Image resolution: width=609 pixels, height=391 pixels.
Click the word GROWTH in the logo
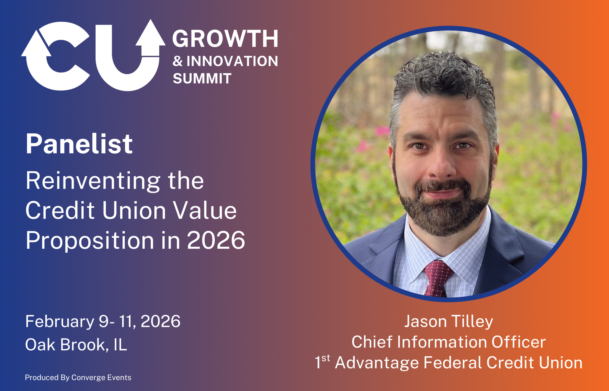coord(225,39)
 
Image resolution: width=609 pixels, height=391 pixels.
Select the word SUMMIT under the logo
coord(202,78)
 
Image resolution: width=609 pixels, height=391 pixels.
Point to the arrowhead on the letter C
coord(36,44)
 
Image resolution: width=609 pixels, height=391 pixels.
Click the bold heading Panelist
coord(79,144)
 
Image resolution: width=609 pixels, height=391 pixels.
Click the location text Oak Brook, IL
coord(76,345)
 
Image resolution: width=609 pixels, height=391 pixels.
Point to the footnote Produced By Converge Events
coord(78,377)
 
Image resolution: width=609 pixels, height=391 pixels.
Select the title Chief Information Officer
coord(449,342)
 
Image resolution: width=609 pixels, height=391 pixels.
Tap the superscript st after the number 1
coord(326,358)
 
